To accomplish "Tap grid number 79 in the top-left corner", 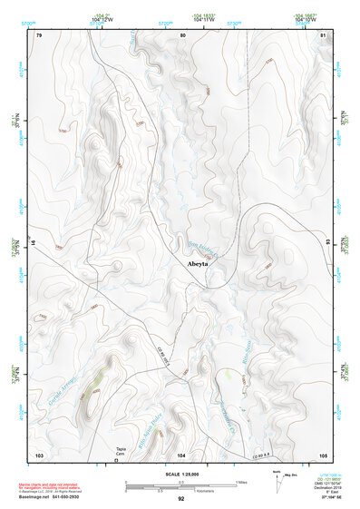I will [39, 35].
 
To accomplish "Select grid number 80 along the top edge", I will [182, 35].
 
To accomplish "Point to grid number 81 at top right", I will [323, 35].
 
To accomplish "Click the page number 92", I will [181, 500].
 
